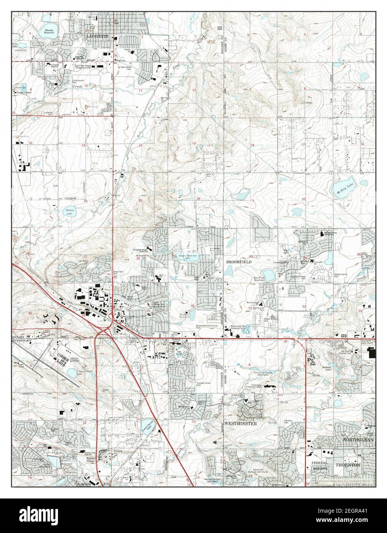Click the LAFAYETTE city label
click(98, 36)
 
